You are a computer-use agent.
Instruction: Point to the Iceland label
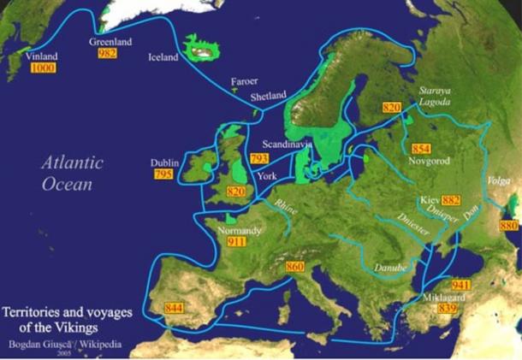point(163,57)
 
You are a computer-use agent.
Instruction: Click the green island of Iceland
point(203,50)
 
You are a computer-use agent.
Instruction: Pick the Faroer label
point(244,83)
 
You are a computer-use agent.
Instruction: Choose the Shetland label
point(268,97)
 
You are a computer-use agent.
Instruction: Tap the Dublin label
point(164,162)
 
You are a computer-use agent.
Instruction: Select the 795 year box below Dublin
point(163,174)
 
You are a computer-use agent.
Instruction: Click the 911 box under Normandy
point(237,243)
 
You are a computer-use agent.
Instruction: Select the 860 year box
point(294,268)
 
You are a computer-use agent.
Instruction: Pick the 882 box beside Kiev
point(451,200)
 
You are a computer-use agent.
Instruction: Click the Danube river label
point(389,269)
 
